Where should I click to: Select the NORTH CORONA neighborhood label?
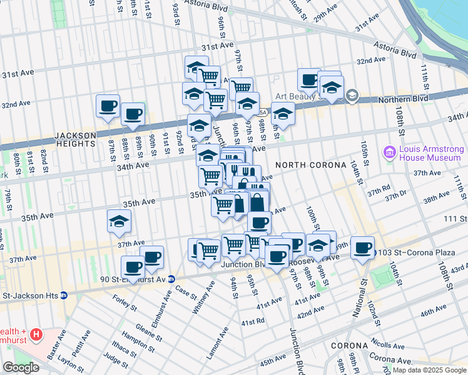pos(310,165)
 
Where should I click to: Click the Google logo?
pos(21,367)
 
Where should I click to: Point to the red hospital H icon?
pos(37,334)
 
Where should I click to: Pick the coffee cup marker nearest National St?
pos(362,248)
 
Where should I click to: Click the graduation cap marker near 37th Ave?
pos(119,221)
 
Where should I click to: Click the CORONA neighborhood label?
pos(349,346)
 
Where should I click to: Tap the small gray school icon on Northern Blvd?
pos(352,96)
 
